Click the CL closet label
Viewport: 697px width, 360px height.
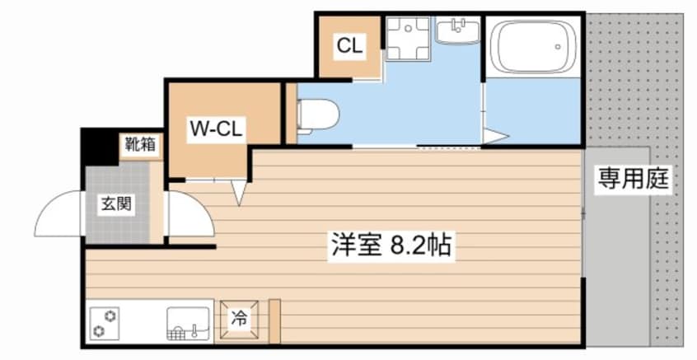pyautogui.click(x=350, y=46)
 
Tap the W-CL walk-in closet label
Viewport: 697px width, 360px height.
pyautogui.click(x=216, y=129)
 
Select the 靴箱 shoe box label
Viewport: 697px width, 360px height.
pyautogui.click(x=140, y=144)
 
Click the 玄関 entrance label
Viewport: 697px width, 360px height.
pyautogui.click(x=116, y=204)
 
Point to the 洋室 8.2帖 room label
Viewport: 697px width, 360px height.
pyautogui.click(x=391, y=245)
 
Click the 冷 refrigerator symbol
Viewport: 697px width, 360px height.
pyautogui.click(x=239, y=319)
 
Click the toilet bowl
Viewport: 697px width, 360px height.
pyautogui.click(x=317, y=115)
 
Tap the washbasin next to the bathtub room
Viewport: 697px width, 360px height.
pyautogui.click(x=457, y=31)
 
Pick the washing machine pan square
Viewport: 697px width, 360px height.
pyautogui.click(x=408, y=38)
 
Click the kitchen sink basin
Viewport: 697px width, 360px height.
pyautogui.click(x=188, y=323)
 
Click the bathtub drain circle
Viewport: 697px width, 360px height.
pyautogui.click(x=558, y=46)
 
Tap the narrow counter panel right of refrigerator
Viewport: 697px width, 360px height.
pyautogui.click(x=275, y=321)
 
